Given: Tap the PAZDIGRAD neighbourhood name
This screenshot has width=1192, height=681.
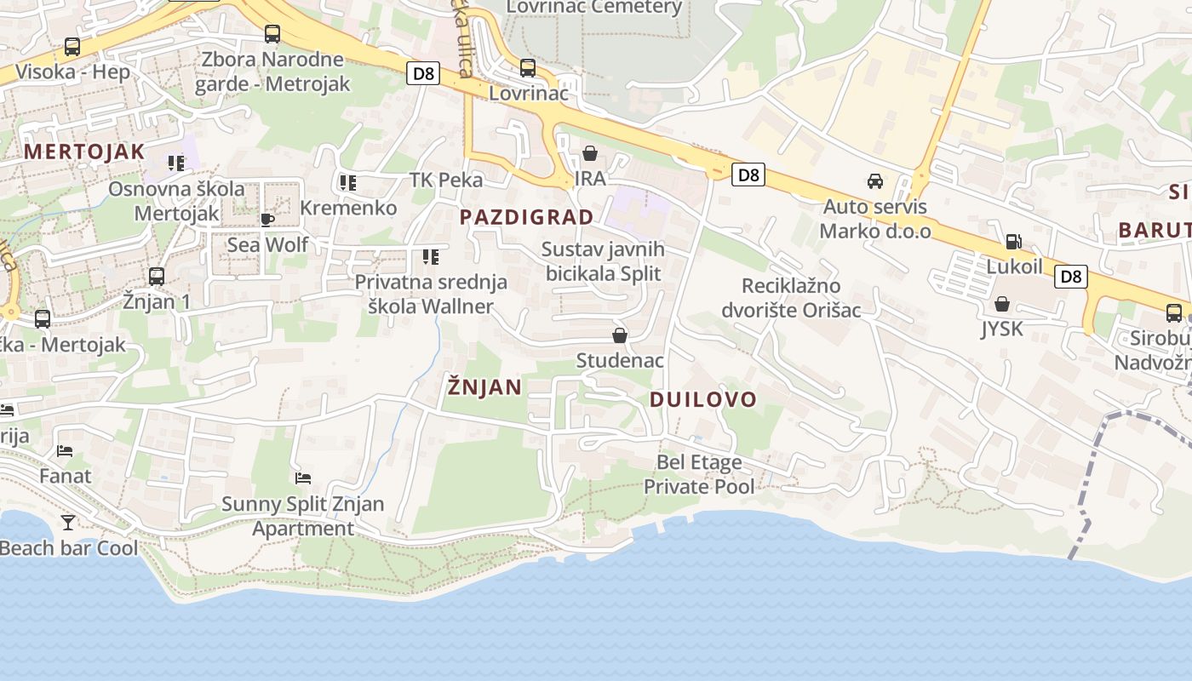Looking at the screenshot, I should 526,217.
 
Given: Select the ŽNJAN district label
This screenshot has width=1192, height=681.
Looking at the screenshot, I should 484,387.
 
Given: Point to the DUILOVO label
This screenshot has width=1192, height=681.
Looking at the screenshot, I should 702,400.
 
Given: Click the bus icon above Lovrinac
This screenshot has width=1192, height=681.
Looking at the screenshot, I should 528,68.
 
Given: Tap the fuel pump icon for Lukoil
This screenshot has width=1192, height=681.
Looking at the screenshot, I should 1013,242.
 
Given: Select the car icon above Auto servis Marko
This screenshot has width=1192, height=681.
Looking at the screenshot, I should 874,181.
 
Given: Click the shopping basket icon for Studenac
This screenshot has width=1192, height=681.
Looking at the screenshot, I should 620,336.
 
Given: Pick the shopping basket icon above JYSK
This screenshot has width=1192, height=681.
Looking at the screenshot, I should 1002,304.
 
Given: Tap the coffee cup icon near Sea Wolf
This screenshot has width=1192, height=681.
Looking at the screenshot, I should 267,220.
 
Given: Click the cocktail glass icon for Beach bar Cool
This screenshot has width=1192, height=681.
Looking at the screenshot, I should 68,522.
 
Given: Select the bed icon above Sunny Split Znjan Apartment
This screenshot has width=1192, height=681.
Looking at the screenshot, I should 302,478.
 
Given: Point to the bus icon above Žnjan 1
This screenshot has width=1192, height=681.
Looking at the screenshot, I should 157,277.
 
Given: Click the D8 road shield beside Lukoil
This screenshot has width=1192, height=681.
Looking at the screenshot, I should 1070,277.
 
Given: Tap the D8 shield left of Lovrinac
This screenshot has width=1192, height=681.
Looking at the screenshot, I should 422,74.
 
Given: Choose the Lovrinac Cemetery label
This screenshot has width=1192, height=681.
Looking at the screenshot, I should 593,8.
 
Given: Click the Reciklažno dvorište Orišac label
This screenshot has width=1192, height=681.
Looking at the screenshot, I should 791,297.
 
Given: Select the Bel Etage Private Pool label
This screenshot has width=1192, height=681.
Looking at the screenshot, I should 698,474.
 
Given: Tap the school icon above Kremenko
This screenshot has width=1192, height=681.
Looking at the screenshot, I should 347,182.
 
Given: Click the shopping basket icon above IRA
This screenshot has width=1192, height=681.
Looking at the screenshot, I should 589,154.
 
